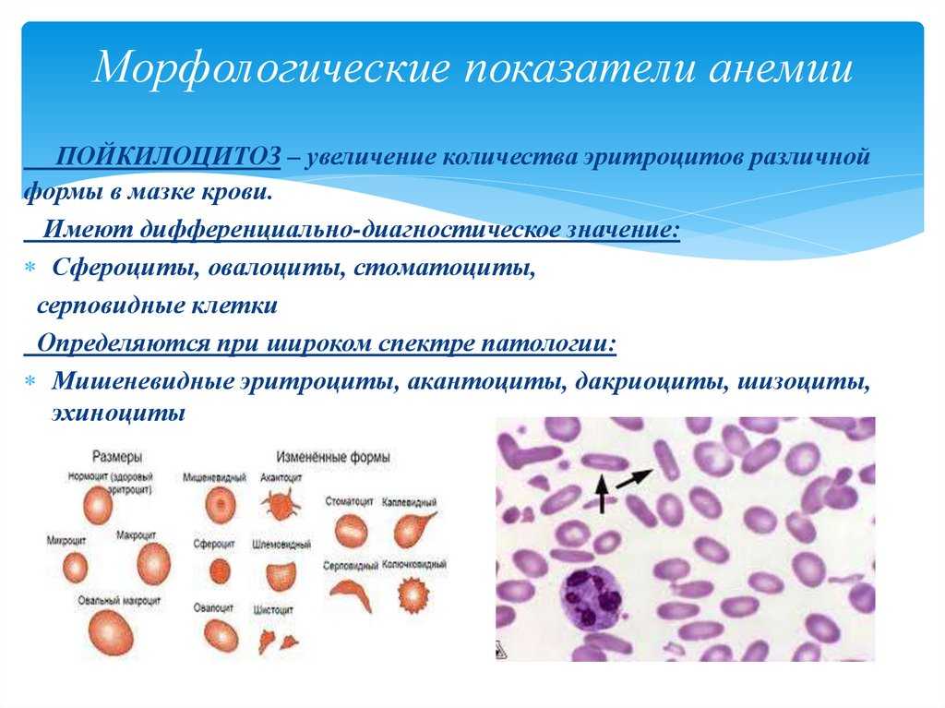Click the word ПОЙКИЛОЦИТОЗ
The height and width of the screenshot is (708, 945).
pyautogui.click(x=168, y=156)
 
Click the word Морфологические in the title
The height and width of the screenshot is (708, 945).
pyautogui.click(x=272, y=66)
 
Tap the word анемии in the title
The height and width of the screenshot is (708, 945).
pyautogui.click(x=781, y=67)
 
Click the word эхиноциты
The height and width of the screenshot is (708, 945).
pyautogui.click(x=118, y=414)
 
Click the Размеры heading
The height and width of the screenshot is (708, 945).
pyautogui.click(x=117, y=457)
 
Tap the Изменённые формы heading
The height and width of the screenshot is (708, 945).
pyautogui.click(x=332, y=457)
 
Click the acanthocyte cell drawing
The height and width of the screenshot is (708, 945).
pyautogui.click(x=280, y=504)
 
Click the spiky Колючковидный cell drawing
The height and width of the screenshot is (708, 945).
pyautogui.click(x=414, y=594)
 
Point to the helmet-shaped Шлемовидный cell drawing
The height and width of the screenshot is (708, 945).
pyautogui.click(x=281, y=575)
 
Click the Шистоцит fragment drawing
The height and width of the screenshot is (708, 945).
pyautogui.click(x=278, y=640)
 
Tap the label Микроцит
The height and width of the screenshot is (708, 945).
pyautogui.click(x=66, y=540)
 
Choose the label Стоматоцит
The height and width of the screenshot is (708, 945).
pyautogui.click(x=350, y=501)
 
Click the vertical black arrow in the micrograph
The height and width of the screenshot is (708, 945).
pyautogui.click(x=601, y=493)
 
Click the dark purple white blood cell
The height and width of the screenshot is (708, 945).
pyautogui.click(x=592, y=597)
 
